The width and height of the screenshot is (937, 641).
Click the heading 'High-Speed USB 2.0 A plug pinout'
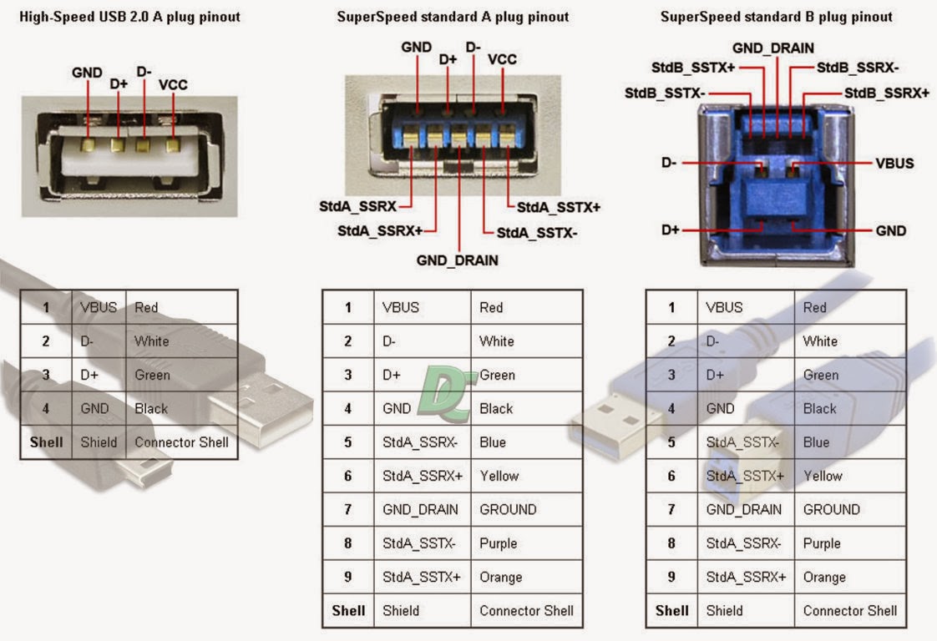(x=129, y=17)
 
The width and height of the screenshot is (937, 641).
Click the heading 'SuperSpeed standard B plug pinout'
(x=776, y=17)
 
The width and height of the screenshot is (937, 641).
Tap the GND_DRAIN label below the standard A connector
(x=457, y=260)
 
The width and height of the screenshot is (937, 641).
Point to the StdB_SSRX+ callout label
(x=886, y=93)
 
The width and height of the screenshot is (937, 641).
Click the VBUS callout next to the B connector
(x=894, y=163)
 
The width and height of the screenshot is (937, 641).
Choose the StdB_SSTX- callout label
(x=665, y=93)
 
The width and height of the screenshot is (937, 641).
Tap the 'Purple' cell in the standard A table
(x=499, y=543)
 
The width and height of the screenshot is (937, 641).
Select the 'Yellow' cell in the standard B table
(x=823, y=476)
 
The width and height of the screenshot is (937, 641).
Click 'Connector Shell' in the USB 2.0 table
(x=181, y=442)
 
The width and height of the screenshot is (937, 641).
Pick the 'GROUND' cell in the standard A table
(x=508, y=509)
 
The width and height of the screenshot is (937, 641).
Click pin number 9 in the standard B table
(x=671, y=577)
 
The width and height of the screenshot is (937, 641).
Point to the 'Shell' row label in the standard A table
(x=348, y=610)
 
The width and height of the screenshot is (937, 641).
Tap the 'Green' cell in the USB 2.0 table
(x=152, y=375)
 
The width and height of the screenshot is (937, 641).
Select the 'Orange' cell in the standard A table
(x=500, y=577)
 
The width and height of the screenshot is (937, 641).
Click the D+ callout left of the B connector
(x=671, y=230)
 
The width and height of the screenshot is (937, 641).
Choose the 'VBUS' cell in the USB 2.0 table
(x=99, y=307)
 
